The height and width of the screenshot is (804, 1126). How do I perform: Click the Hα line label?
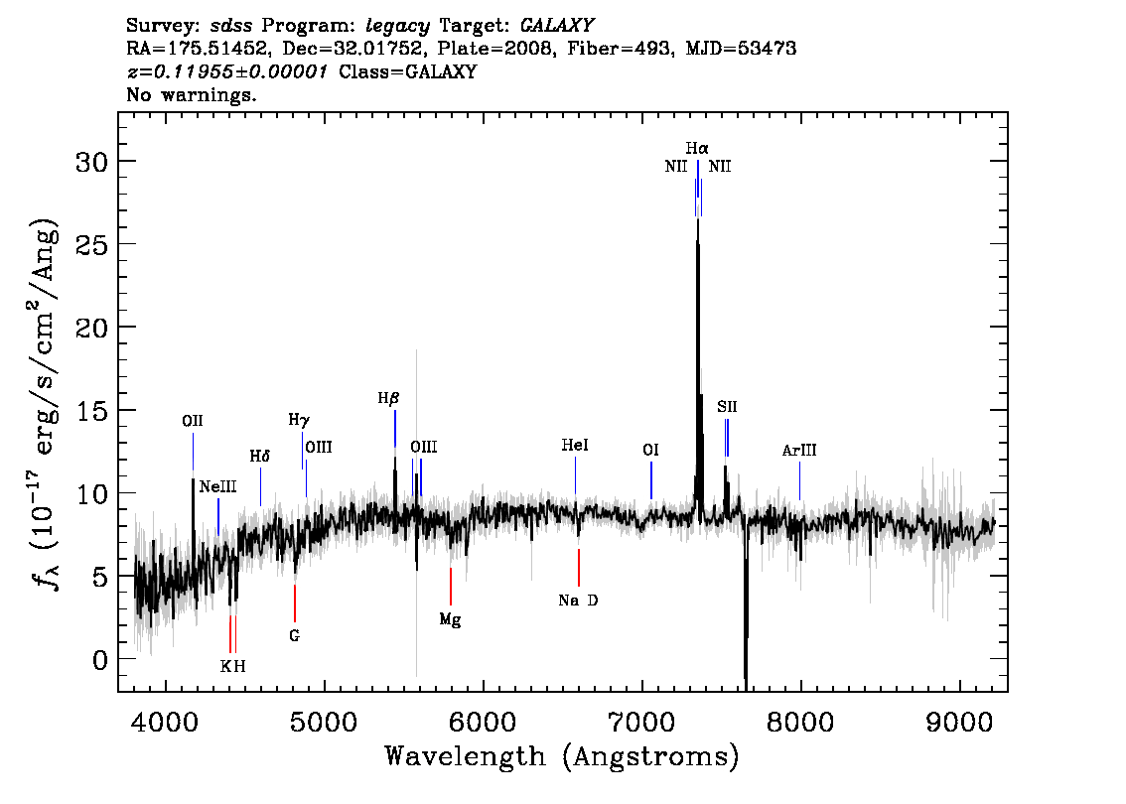697,149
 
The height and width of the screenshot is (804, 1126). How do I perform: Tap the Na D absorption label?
578,601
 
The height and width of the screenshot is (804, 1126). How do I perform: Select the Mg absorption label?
450,619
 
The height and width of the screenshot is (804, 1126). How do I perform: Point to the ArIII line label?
799,451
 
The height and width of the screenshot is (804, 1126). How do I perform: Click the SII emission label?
727,407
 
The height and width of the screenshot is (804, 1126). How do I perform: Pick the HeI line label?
575,446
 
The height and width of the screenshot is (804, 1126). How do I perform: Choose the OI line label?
650,450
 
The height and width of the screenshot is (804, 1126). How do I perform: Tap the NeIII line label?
217,486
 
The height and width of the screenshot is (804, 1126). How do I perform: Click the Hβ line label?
388,398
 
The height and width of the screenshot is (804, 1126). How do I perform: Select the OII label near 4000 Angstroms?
193,421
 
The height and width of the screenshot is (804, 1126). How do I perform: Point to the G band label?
295,636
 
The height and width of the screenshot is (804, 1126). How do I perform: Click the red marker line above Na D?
579,568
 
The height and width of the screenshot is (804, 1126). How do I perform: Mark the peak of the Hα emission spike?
697,219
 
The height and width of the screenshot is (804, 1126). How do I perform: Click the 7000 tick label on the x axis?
641,722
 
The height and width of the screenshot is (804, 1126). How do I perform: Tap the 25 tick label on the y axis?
92,244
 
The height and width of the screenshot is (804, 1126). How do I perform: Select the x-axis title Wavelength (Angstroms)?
562,756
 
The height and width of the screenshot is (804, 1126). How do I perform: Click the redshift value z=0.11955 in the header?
227,71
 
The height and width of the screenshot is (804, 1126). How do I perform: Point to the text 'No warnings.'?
191,94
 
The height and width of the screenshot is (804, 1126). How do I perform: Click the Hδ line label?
260,457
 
